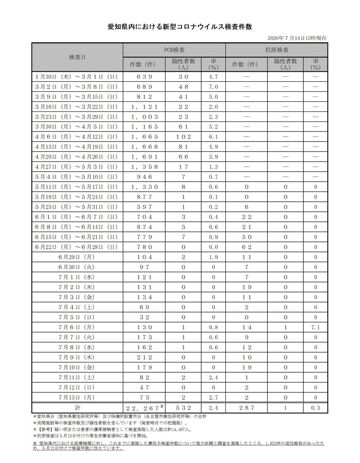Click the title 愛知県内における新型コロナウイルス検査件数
(x=180, y=27)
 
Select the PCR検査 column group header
(x=174, y=50)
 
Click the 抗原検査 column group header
(x=276, y=50)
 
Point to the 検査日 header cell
(x=77, y=57)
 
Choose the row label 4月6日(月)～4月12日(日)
(x=77, y=137)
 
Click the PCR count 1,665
(x=144, y=137)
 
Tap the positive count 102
(x=184, y=137)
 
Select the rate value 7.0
(x=214, y=87)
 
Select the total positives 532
(x=184, y=408)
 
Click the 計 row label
(x=77, y=408)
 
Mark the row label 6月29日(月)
(x=77, y=257)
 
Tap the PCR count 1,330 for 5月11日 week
(x=144, y=187)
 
